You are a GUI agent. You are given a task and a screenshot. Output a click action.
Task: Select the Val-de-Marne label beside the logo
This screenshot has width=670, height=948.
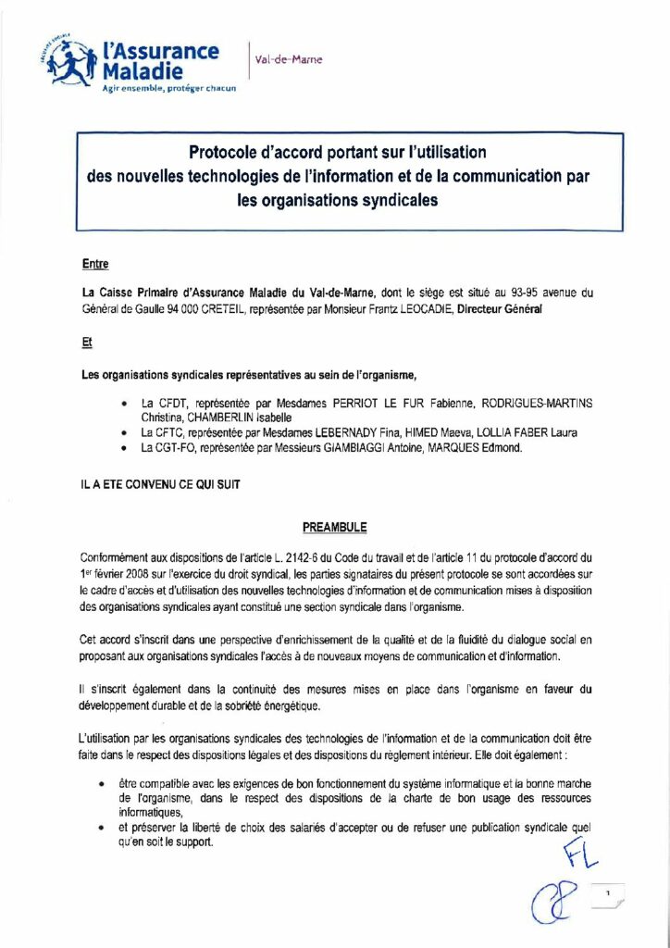289,60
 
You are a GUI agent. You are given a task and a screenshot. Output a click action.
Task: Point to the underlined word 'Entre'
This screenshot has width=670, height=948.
95,264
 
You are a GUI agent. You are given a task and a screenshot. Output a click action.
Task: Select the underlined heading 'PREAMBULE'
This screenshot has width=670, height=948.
334,528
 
